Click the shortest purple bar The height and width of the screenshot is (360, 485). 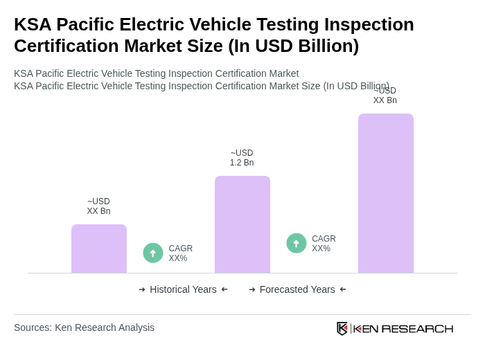[x=99, y=249]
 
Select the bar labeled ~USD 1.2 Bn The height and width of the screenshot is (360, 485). [x=242, y=224]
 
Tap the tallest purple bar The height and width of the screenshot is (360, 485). [x=386, y=193]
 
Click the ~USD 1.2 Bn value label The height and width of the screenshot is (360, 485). [x=242, y=158]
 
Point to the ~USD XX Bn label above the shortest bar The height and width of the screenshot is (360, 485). [x=98, y=206]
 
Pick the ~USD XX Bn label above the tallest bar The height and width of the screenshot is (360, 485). [x=385, y=96]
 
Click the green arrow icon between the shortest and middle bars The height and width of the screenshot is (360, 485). [x=153, y=253]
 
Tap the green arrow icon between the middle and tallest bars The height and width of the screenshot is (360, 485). [x=297, y=243]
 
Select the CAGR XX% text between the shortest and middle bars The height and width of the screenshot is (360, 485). [x=180, y=253]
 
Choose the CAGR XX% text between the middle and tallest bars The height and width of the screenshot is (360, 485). [x=324, y=244]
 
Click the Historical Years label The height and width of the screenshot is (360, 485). [x=183, y=289]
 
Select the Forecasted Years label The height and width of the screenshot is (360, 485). [x=297, y=289]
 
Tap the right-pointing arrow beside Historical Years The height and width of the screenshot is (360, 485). [x=142, y=289]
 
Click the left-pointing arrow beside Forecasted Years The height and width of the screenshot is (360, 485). [x=343, y=289]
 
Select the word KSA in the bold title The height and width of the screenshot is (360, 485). [x=33, y=24]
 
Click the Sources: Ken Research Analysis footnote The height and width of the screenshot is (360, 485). [x=84, y=327]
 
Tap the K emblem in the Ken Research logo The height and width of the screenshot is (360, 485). [x=342, y=328]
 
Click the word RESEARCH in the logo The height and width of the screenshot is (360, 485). [x=417, y=328]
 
